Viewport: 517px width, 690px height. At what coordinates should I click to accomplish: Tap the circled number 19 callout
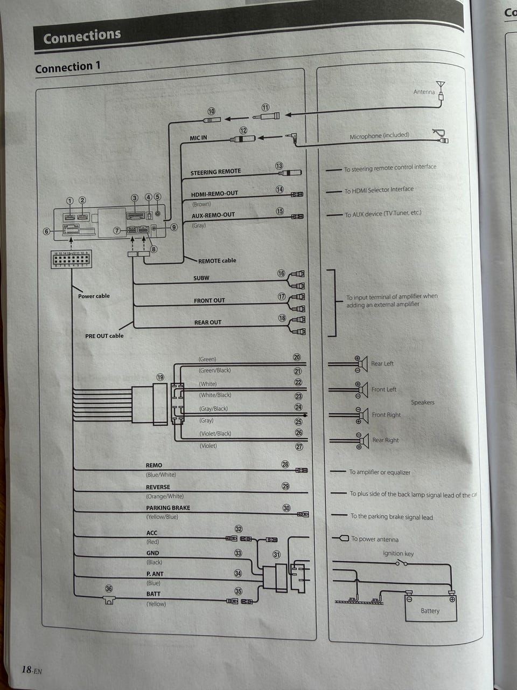click(x=160, y=377)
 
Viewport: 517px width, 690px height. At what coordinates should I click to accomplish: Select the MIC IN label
click(x=198, y=138)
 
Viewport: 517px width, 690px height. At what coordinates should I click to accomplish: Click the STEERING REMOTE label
click(x=215, y=172)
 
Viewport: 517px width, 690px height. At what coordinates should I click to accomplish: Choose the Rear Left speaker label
click(x=382, y=364)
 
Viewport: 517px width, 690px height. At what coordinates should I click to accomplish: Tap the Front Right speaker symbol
click(x=361, y=415)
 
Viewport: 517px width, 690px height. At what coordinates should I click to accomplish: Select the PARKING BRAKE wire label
click(x=168, y=508)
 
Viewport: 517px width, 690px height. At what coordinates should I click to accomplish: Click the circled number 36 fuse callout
click(x=109, y=589)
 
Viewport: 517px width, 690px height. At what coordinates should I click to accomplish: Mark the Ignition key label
click(x=399, y=553)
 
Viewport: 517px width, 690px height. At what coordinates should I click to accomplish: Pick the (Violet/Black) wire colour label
click(x=215, y=433)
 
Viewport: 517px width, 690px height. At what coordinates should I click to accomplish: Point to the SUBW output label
click(x=201, y=278)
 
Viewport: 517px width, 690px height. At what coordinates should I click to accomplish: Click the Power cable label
click(x=94, y=296)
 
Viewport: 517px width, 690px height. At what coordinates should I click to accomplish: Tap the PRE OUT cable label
click(x=104, y=336)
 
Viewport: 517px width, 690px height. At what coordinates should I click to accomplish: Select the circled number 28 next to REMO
click(x=285, y=464)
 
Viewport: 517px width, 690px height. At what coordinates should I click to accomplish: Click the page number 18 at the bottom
click(x=26, y=670)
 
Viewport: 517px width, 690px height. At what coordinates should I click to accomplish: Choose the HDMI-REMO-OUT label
click(x=214, y=194)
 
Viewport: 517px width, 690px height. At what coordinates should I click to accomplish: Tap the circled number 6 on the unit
click(x=47, y=232)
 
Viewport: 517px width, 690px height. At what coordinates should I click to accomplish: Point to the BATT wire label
click(x=153, y=594)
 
